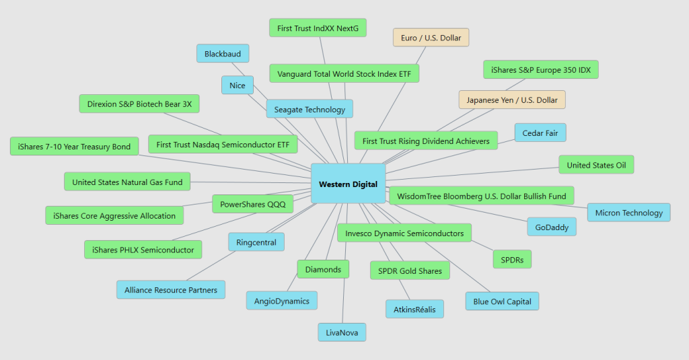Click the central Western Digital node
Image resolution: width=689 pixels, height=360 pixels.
(x=348, y=184)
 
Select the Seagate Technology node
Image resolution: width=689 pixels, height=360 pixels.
(x=310, y=109)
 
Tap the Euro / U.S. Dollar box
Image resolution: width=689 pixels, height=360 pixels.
(x=431, y=38)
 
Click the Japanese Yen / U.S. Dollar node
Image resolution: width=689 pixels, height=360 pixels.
(x=512, y=100)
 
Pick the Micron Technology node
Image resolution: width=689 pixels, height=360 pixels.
(x=628, y=213)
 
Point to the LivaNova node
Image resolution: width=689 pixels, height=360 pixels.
(x=342, y=332)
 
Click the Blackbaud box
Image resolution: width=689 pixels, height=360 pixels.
(x=223, y=53)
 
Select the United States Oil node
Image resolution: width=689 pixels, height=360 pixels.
(x=596, y=164)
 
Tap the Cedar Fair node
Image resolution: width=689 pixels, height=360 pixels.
(x=540, y=133)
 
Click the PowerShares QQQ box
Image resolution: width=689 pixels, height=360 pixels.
(x=252, y=204)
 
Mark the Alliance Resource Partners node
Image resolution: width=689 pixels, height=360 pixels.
(x=171, y=290)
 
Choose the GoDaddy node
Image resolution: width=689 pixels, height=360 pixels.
(x=552, y=227)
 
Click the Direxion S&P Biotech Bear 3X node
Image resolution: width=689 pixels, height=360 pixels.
(x=139, y=104)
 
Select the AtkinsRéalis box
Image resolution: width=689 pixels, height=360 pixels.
(x=414, y=309)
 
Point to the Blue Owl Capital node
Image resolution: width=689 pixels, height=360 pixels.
(x=502, y=301)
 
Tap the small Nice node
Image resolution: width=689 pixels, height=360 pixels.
(x=237, y=85)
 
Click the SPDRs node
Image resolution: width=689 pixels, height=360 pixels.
(x=511, y=258)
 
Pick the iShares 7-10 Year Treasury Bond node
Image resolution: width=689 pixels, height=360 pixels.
(x=74, y=146)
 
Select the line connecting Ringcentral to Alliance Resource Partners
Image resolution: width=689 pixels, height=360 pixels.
(x=210, y=266)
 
